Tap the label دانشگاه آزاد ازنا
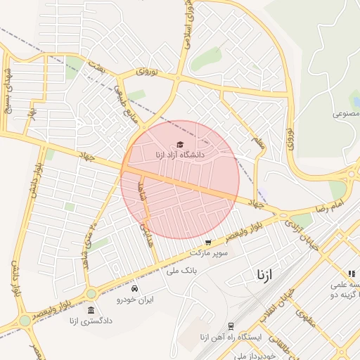click(180, 154)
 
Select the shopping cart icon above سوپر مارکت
click(207, 242)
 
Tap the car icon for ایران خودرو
click(134, 288)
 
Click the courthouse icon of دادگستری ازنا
click(90, 310)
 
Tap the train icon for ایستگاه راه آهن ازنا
click(230, 326)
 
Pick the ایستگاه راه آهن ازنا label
click(236, 337)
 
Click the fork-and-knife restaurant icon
click(350, 274)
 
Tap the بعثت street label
click(96, 65)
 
